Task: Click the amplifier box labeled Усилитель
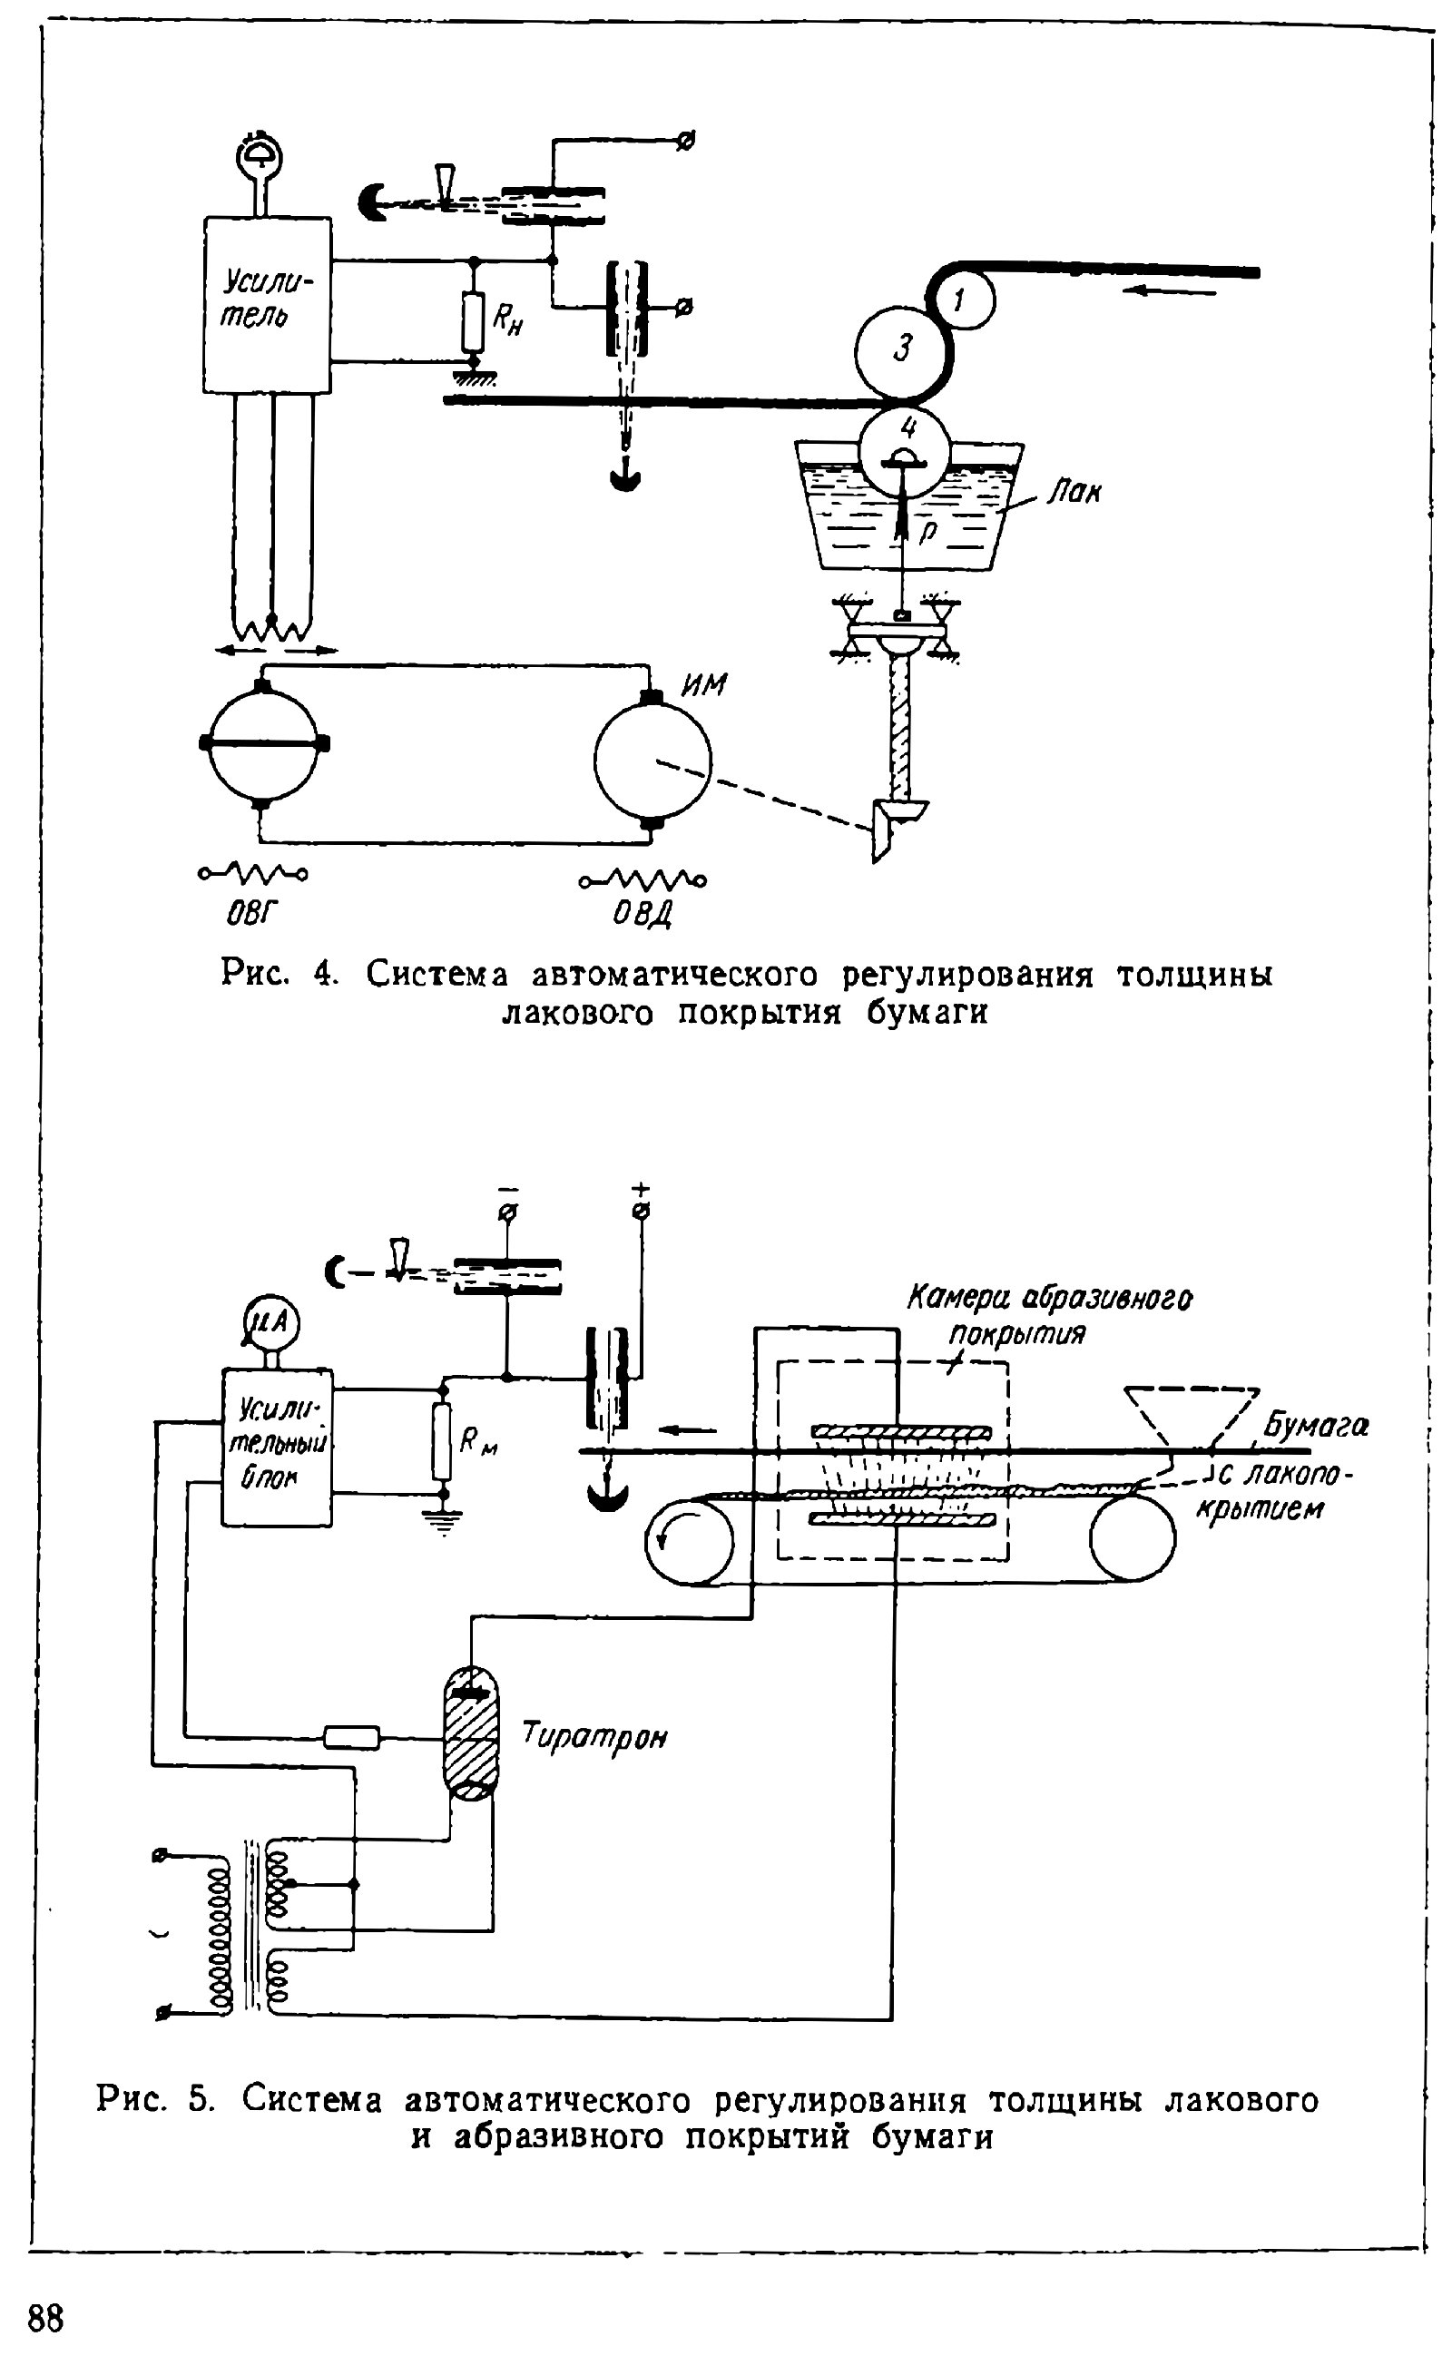coord(267,305)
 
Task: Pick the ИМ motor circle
coord(653,761)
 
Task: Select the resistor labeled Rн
coord(473,320)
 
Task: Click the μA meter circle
coord(270,1324)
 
